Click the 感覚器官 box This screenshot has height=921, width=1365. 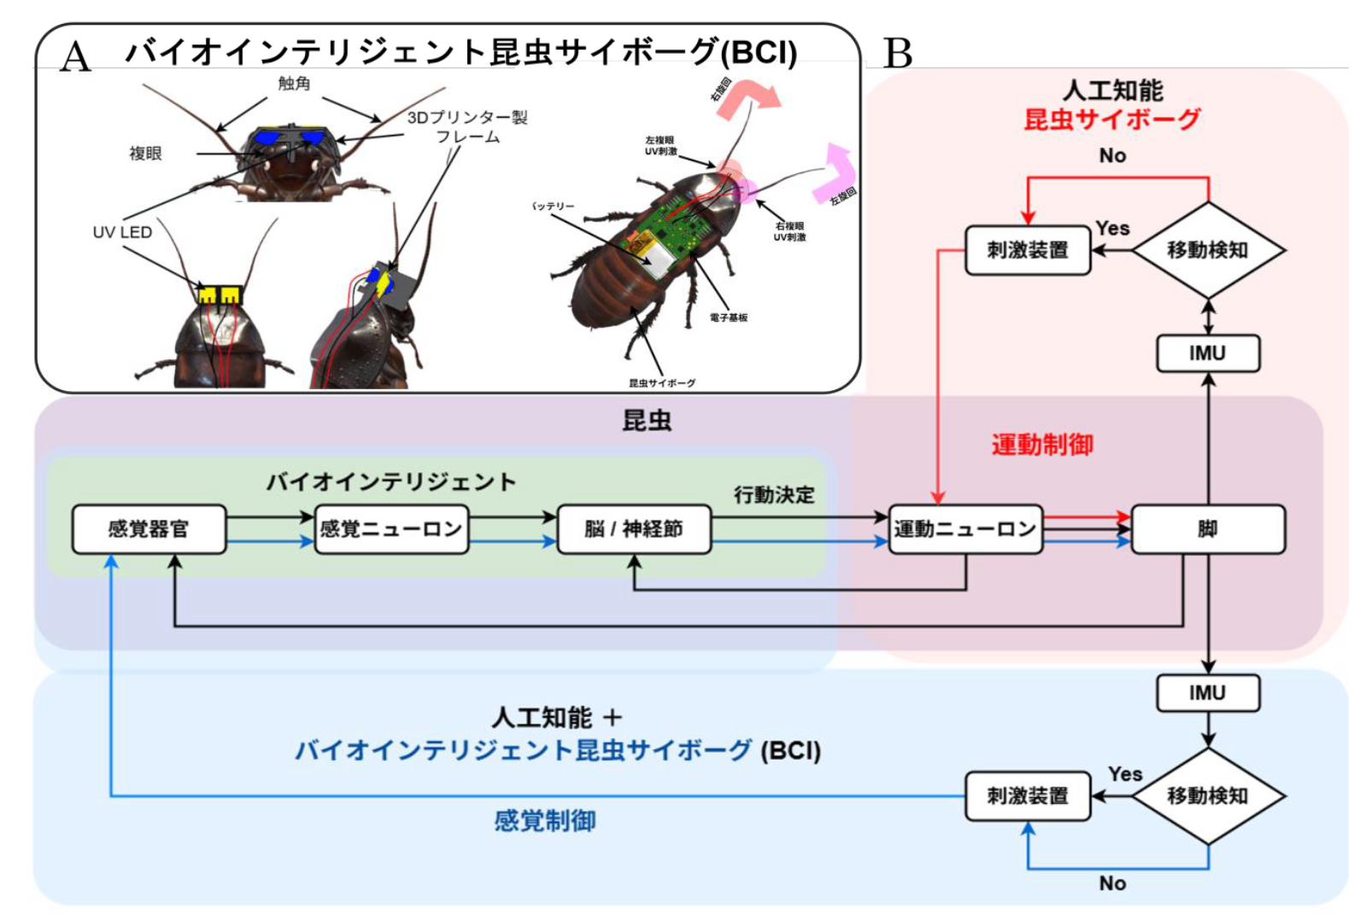pos(149,529)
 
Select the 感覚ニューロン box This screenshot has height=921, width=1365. pos(391,529)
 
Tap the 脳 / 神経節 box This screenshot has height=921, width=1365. pos(634,529)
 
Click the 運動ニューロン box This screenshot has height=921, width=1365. pos(965,529)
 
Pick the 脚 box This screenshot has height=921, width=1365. pos(1207,529)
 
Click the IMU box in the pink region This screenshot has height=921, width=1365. pos(1207,353)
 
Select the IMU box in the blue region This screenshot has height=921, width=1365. pos(1207,693)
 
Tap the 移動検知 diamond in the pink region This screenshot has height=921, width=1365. pos(1208,250)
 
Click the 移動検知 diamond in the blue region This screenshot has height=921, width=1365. pos(1208,796)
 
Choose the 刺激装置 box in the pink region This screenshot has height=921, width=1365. pos(1028,250)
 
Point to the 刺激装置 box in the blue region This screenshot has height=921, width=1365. pos(1028,796)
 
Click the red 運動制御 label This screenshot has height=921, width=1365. pos(1042,445)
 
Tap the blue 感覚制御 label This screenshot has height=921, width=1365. pos(545,821)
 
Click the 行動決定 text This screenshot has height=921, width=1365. pos(774,495)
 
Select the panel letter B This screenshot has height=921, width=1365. pos(897,54)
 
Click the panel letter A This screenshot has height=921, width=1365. pos(75,57)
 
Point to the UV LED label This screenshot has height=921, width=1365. pos(122,232)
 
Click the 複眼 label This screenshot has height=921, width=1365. pos(145,154)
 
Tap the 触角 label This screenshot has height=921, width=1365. pos(294,84)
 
